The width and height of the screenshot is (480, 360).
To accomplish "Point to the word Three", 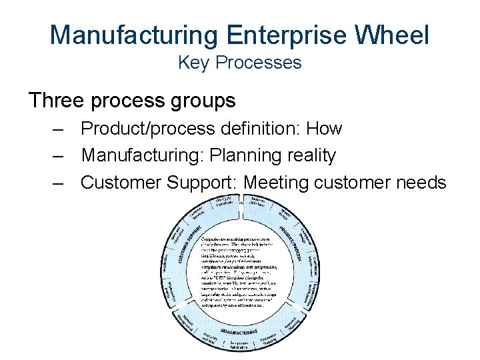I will (57, 100).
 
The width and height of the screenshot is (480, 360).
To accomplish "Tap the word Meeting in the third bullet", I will (276, 182).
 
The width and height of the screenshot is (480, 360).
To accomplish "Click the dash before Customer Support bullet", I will (59, 182).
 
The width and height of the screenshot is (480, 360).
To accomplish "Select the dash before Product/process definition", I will (59, 128).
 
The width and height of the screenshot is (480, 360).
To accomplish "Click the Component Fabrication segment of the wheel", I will (240, 343).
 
